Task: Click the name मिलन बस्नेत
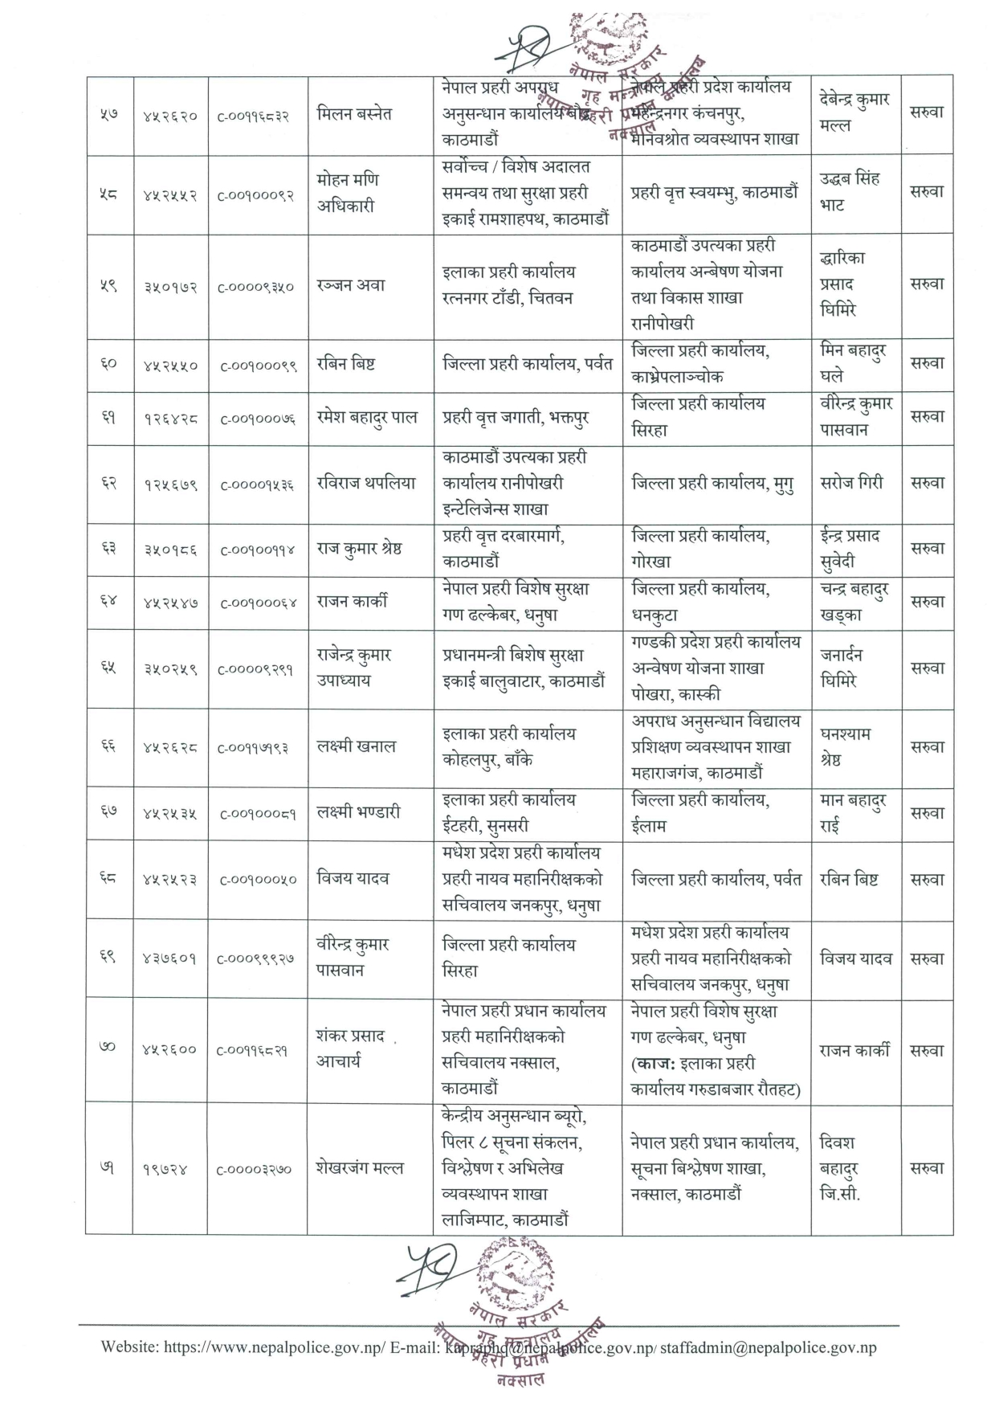354,114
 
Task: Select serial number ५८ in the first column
108,194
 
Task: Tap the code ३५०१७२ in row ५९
169,286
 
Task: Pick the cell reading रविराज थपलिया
366,483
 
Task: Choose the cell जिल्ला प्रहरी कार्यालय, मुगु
712,483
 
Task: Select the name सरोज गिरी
851,483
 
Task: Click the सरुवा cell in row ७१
927,1168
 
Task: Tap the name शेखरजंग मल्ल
360,1168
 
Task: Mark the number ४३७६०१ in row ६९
169,958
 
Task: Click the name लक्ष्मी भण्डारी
358,812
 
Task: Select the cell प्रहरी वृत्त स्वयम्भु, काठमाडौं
715,193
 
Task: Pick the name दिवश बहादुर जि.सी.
839,1168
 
